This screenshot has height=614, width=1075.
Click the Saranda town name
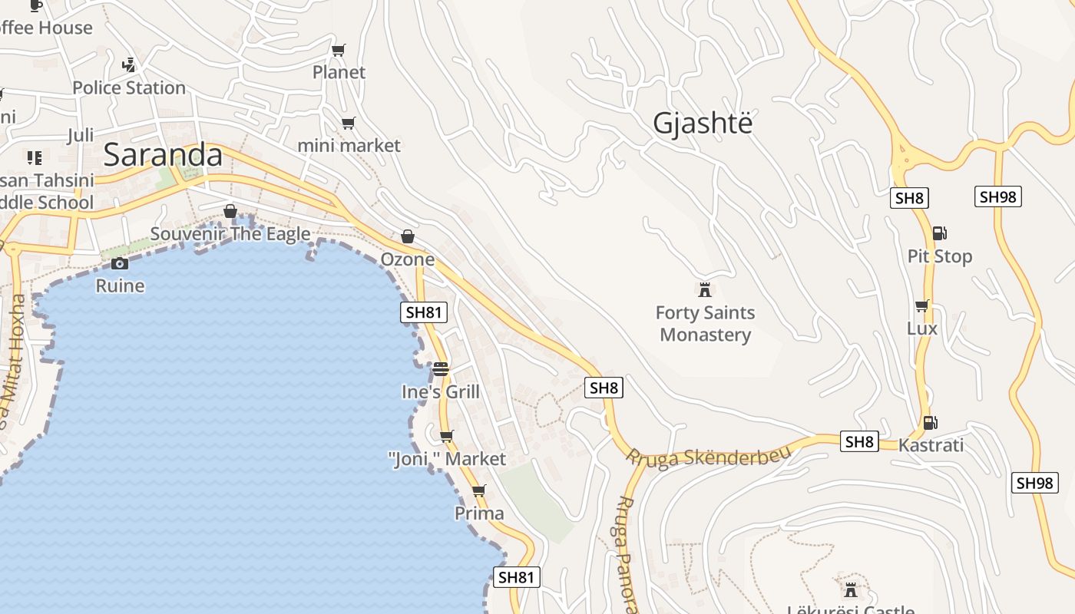click(x=163, y=155)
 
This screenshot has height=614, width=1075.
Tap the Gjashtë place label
click(x=703, y=123)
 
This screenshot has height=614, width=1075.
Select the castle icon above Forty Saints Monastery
click(x=704, y=289)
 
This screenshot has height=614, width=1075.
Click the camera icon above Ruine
click(x=120, y=263)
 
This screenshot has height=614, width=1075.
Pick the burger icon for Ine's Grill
click(x=440, y=368)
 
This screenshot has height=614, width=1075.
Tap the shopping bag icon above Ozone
click(x=408, y=236)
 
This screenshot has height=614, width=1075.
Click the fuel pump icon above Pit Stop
click(x=938, y=233)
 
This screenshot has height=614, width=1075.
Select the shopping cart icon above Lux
click(x=922, y=305)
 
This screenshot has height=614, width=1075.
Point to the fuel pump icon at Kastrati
click(x=930, y=422)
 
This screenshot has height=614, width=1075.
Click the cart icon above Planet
click(x=339, y=50)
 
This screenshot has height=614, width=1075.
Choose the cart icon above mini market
click(x=349, y=123)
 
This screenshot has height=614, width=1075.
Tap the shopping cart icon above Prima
click(x=479, y=490)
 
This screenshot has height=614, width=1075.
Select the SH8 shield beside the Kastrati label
click(x=859, y=441)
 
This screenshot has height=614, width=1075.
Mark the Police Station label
click(x=129, y=88)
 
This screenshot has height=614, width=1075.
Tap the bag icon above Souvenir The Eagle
click(x=230, y=210)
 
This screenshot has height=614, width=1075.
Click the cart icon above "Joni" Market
click(x=446, y=436)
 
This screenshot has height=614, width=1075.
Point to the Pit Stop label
click(x=940, y=256)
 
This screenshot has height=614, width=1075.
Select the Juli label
click(x=80, y=136)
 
